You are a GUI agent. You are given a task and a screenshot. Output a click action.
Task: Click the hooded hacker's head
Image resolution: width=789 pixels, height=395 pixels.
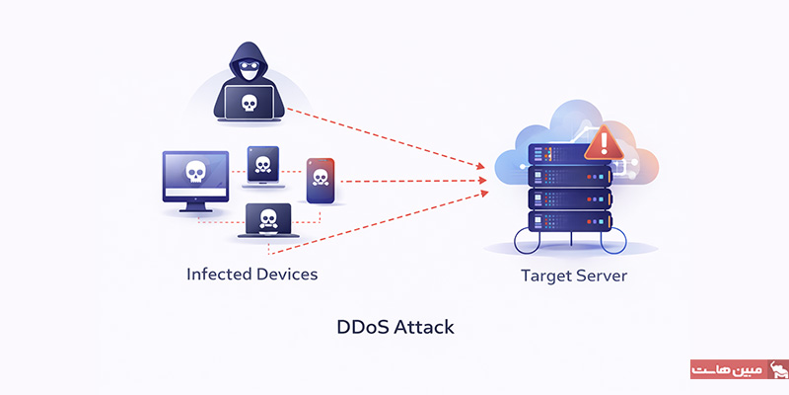[x=248, y=61]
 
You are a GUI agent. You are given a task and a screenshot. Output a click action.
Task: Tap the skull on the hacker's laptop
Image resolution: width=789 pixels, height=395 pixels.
[x=249, y=101]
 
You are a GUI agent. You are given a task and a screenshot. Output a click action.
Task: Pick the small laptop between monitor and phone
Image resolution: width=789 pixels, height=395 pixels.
[x=262, y=166]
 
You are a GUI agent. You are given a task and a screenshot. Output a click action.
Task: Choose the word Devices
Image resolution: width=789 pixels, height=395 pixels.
[x=286, y=274]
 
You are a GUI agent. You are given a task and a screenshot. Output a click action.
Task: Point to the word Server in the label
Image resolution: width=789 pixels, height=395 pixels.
[x=603, y=276]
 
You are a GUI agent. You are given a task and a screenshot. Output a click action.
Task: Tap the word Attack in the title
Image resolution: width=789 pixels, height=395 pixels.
[x=425, y=326]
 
